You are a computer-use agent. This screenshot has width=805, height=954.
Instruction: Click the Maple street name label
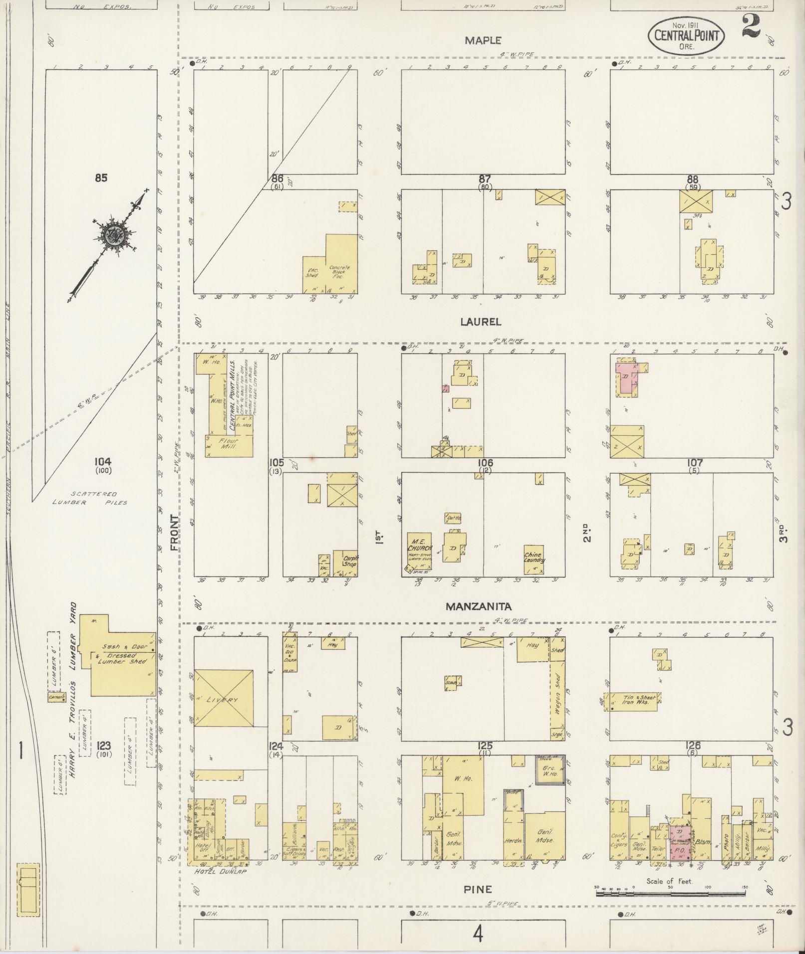tap(483, 41)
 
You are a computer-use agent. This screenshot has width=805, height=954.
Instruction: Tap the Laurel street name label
tap(481, 322)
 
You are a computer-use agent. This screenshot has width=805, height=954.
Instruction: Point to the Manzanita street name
tap(478, 607)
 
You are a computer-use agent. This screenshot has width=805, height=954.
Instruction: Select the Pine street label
tap(478, 889)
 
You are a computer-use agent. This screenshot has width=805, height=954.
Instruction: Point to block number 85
tap(101, 178)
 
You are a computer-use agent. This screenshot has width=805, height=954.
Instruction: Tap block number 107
tap(695, 463)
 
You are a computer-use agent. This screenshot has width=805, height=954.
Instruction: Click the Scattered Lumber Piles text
tap(90, 498)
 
